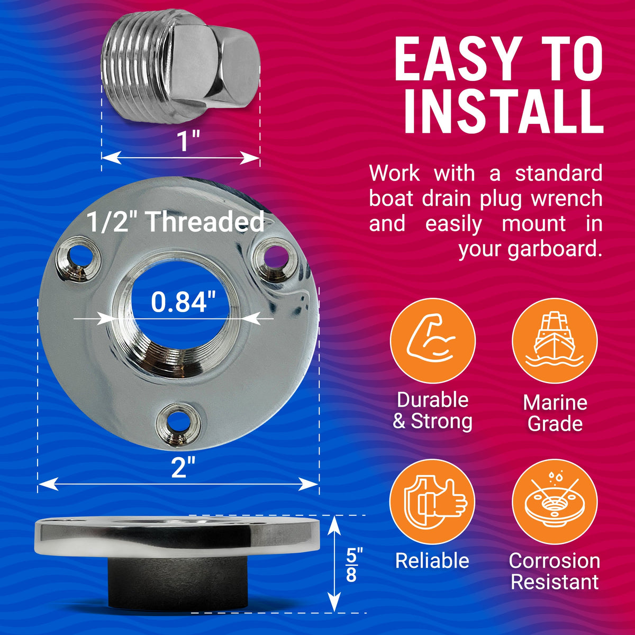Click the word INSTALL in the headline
pos(503,112)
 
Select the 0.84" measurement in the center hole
pos(183,302)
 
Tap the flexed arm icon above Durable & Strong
pos(432,341)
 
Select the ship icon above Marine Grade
pos(555,341)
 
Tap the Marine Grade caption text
pos(555,413)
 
